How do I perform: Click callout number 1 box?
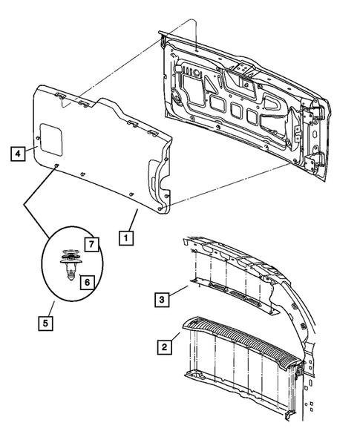tap(127, 239)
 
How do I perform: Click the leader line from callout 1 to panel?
tap(132, 220)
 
